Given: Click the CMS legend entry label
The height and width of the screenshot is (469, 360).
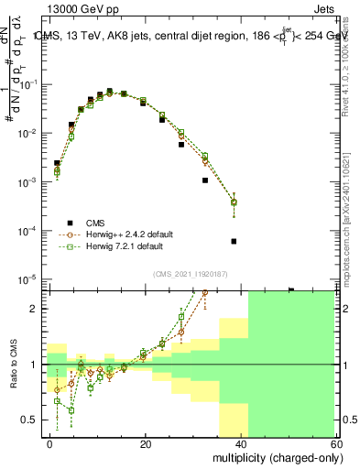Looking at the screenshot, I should (96, 223).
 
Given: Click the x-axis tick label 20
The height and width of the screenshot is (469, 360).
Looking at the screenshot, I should (146, 443).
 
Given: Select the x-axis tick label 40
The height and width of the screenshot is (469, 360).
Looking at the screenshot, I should (242, 443).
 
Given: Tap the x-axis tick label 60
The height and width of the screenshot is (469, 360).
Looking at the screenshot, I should (337, 443).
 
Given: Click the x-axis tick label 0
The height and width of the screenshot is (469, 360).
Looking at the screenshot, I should (49, 443).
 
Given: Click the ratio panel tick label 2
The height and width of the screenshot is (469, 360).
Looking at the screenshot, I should (36, 309).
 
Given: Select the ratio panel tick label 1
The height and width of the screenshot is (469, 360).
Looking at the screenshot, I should (36, 365).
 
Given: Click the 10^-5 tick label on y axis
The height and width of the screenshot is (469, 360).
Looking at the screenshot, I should (28, 279).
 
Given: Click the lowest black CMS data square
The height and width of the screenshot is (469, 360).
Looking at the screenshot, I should (234, 242).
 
